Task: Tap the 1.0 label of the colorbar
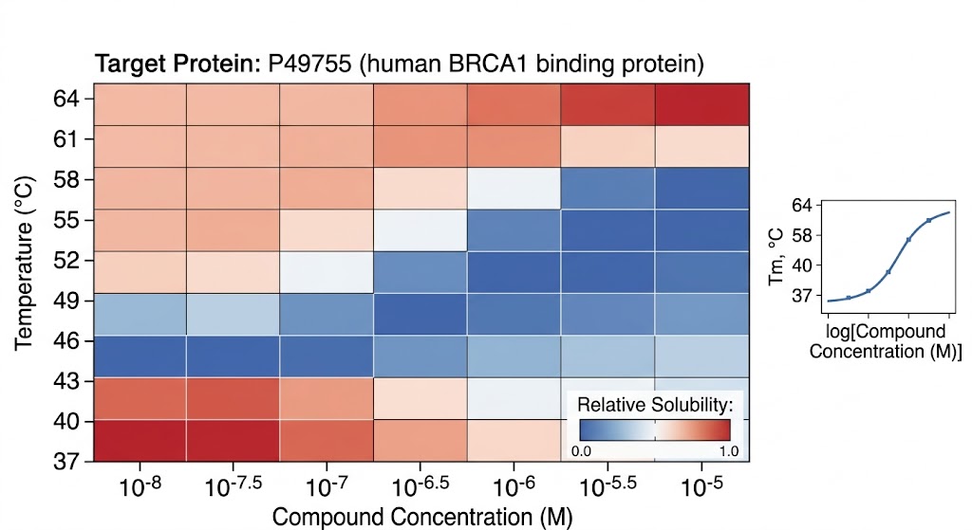coord(729,450)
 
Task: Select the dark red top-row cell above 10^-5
coord(701,103)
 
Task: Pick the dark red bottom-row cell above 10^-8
coord(139,441)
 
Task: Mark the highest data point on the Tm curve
coord(928,220)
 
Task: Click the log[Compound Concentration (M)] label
coord(885,341)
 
